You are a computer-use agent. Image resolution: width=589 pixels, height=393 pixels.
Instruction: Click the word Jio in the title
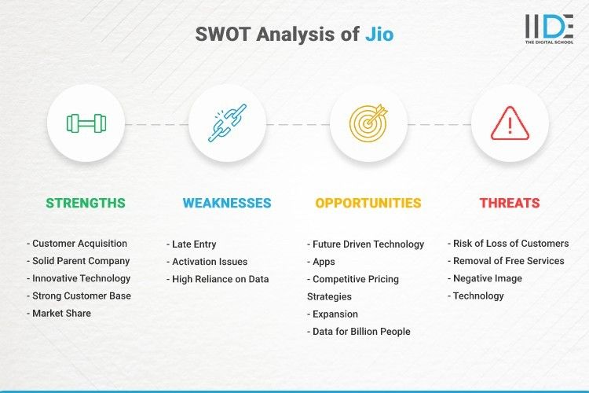[x=379, y=35]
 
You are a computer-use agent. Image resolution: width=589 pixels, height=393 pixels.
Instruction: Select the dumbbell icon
[x=86, y=123]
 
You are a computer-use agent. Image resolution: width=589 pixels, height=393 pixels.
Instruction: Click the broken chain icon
[x=227, y=123]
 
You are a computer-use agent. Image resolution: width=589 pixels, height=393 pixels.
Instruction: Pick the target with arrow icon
[x=368, y=123]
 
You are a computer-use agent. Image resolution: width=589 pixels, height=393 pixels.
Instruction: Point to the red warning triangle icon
[x=510, y=123]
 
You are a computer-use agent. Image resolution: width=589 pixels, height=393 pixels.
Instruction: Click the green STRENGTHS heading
[x=86, y=203]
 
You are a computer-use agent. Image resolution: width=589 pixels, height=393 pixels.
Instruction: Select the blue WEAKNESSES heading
[x=227, y=203]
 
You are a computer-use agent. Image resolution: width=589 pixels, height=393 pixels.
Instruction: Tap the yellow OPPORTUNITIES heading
[x=368, y=203]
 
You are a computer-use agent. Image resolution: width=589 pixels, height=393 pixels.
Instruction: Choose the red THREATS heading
[x=510, y=203]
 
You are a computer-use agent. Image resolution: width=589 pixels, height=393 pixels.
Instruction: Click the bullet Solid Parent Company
[x=80, y=261]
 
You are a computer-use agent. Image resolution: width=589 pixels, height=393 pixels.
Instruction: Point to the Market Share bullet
[x=61, y=313]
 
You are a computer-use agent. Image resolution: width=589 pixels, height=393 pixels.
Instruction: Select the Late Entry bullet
[x=194, y=244]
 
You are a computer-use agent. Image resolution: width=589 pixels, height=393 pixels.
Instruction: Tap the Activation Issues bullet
[x=209, y=262]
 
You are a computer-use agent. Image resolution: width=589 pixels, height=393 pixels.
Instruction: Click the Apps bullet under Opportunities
[x=323, y=262]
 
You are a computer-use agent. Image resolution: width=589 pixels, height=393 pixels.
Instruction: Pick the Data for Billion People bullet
[x=360, y=331]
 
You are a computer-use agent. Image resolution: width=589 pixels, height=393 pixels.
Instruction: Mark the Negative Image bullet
[x=487, y=278]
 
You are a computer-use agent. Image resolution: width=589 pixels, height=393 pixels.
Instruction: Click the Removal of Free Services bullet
[x=507, y=261]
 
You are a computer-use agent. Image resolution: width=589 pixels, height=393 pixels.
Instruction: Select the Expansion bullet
[x=335, y=314]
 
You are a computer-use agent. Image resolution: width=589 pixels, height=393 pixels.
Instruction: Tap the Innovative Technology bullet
[x=81, y=278]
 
